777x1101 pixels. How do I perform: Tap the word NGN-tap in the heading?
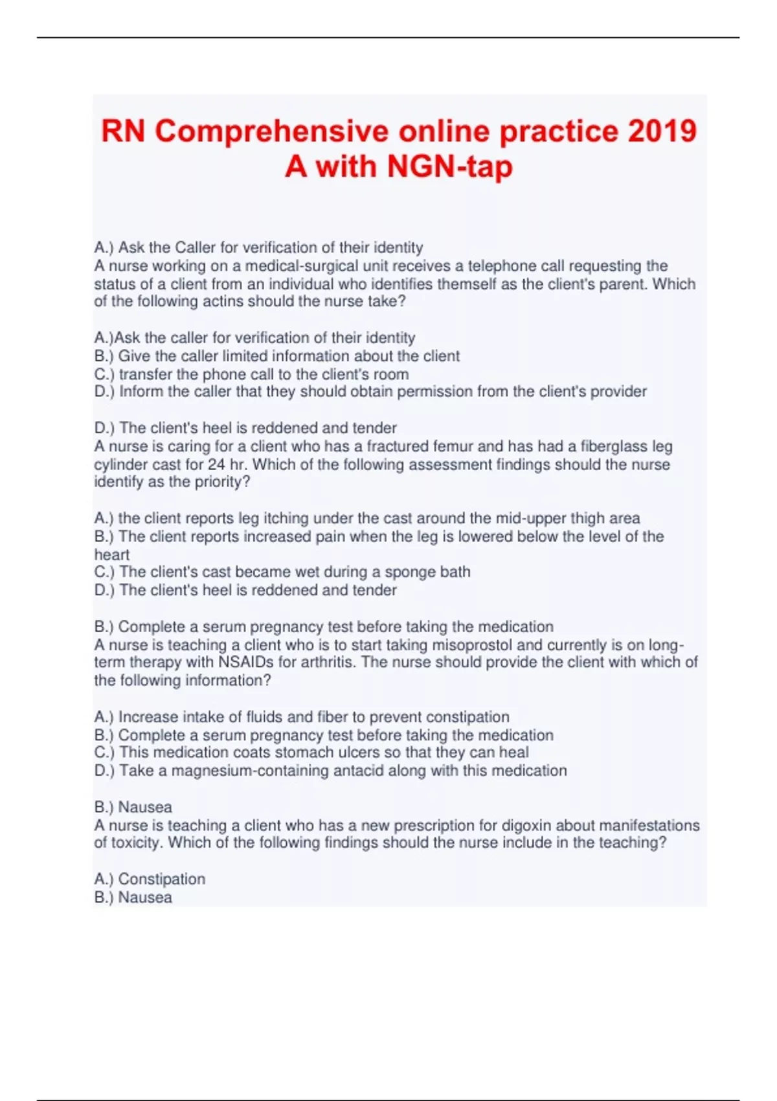pos(450,166)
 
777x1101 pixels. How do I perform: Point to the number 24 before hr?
pos(216,465)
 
